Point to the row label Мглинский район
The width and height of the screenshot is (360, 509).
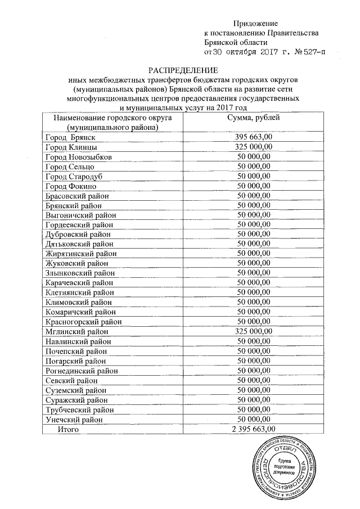coord(76,331)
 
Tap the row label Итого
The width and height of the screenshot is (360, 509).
coord(68,429)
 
